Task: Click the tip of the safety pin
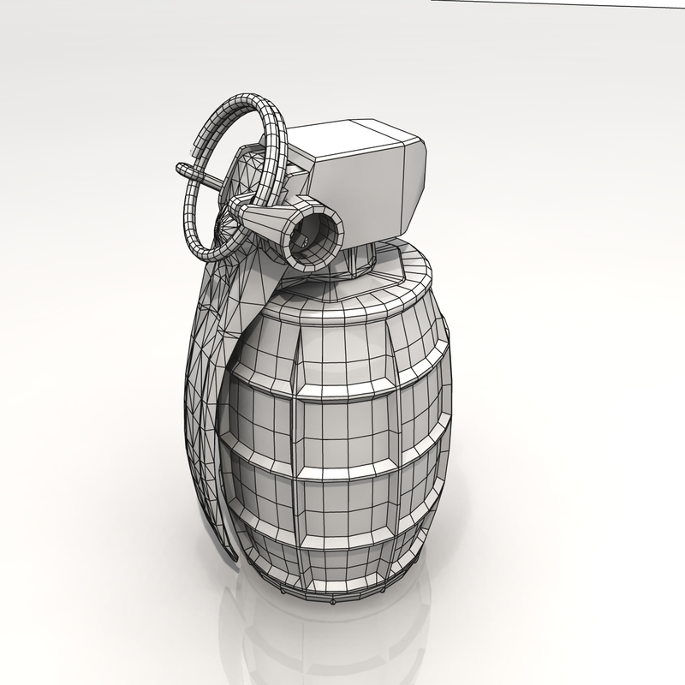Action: (x=181, y=165)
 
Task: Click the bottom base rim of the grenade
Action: (x=342, y=591)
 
